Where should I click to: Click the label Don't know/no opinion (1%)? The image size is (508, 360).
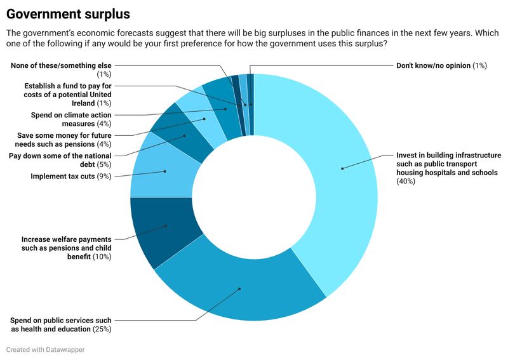pyautogui.click(x=441, y=65)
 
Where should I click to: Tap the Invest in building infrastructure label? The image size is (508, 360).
pyautogui.click(x=449, y=164)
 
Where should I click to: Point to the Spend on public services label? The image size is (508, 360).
pyautogui.click(x=61, y=324)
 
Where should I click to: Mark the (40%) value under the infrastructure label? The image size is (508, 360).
pyautogui.click(x=406, y=182)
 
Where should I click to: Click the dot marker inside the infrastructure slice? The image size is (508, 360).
pyautogui.click(x=342, y=168)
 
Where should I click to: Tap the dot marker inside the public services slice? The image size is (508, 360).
pyautogui.click(x=240, y=289)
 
